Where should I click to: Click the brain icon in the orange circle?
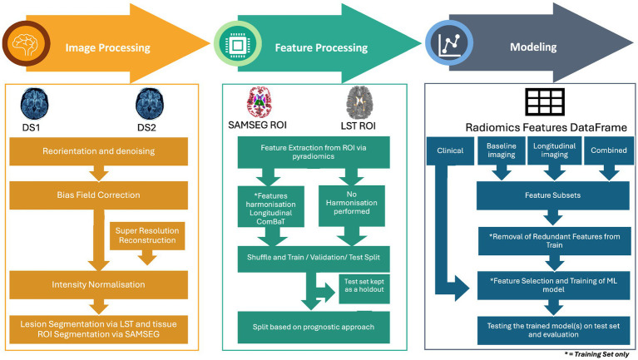25,44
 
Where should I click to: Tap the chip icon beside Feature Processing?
238,44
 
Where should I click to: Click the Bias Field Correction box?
98,195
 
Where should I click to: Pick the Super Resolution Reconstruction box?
147,235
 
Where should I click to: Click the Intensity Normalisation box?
98,284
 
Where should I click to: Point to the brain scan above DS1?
35,104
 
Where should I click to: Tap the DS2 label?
146,128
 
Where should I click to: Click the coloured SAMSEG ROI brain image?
260,102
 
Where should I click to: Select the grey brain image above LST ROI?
359,102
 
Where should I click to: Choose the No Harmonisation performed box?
352,206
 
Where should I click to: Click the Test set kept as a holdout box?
364,288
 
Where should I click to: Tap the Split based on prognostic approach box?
314,328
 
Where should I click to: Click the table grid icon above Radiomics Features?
545,101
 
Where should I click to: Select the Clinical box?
450,151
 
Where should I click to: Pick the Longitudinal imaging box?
554,150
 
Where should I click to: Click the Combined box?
609,150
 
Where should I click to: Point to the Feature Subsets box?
552,195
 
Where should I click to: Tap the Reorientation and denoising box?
98,151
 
